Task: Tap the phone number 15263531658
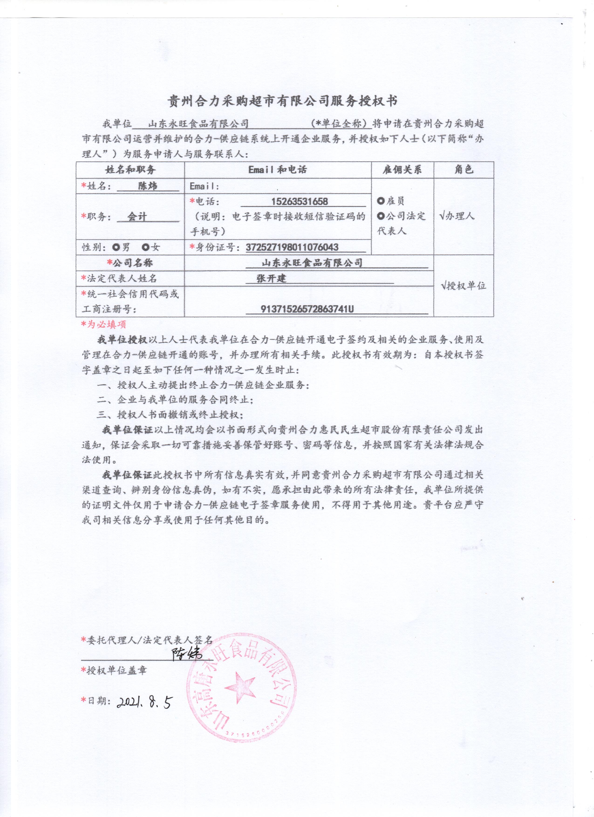click(x=299, y=201)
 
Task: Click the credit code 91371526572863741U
click(x=307, y=309)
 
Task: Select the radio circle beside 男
click(x=116, y=247)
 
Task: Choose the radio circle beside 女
click(x=146, y=247)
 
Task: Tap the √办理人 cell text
click(x=457, y=216)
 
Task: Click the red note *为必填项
click(x=104, y=324)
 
